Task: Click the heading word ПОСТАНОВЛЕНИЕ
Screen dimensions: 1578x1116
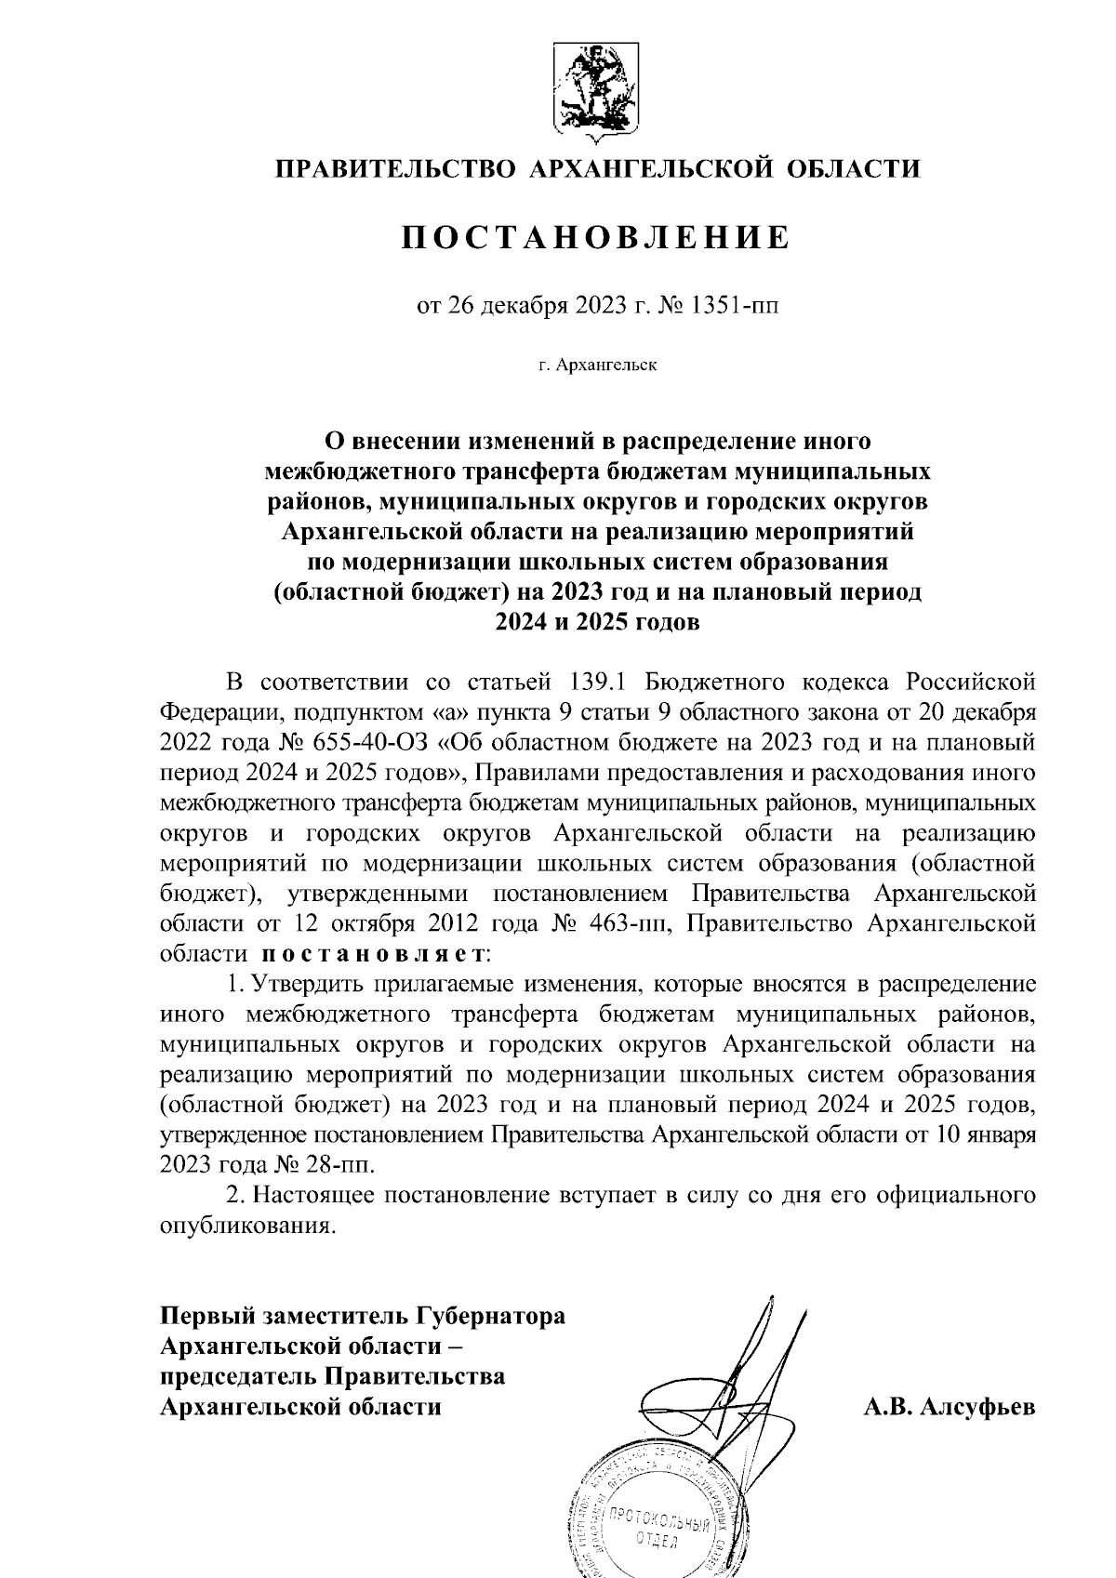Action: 595,238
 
